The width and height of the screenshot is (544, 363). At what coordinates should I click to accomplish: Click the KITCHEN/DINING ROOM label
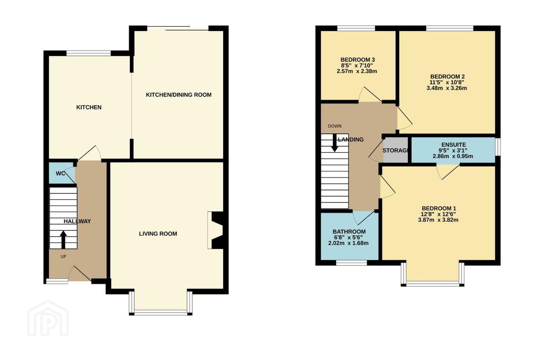point(178,95)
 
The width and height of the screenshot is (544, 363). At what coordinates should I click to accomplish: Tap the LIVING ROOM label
point(158,234)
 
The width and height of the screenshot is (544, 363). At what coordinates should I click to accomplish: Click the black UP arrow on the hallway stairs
point(63,240)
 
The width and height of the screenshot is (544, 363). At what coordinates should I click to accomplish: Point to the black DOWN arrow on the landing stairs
point(335,143)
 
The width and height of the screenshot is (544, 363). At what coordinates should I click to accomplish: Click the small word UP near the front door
point(63,256)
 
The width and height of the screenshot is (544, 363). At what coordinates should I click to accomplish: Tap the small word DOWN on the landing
point(335,126)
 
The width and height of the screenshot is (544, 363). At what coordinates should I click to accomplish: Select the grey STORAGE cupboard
point(396,150)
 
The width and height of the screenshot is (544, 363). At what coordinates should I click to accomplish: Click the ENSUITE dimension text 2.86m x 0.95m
point(453,156)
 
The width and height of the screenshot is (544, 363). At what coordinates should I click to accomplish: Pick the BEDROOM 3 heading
point(357,60)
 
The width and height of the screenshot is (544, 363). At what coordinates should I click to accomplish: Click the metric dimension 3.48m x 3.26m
point(447,88)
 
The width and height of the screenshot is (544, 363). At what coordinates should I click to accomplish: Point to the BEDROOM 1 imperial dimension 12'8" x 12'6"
point(438,214)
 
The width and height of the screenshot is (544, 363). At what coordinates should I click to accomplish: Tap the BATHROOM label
point(349,231)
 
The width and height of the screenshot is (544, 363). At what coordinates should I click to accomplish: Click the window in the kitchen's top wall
point(89,53)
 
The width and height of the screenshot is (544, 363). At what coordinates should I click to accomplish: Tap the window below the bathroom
point(351,262)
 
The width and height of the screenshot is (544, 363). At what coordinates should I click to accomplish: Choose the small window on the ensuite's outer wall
point(498,147)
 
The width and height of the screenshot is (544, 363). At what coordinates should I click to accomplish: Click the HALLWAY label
point(77,221)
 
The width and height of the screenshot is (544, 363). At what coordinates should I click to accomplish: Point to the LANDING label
point(351,140)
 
